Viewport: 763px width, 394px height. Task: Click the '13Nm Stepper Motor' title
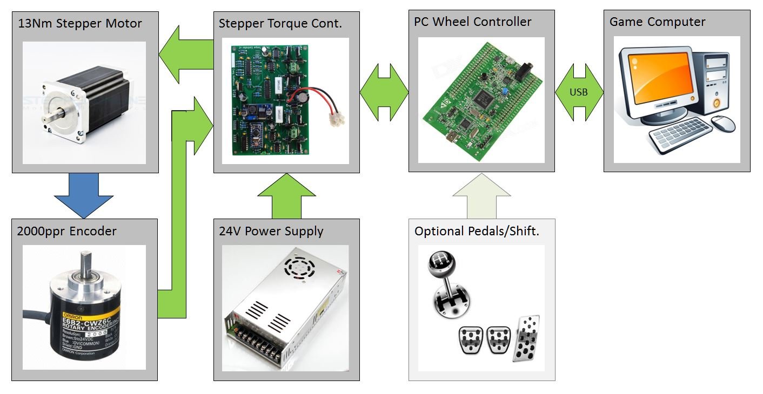tap(80, 24)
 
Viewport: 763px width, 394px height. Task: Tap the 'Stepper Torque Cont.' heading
tap(280, 24)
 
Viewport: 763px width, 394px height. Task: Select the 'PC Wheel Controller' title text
tap(473, 22)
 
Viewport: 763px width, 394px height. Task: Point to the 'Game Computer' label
tap(657, 22)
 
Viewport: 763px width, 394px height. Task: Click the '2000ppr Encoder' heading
tap(67, 232)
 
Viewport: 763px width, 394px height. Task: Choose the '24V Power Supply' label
tap(271, 232)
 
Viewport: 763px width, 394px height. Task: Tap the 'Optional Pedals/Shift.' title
tap(477, 232)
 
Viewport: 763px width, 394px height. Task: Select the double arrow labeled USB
tap(579, 92)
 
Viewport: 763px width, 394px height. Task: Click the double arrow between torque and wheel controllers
tap(384, 92)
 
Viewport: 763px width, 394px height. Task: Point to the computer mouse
tap(723, 123)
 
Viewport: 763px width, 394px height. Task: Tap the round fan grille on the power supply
tap(298, 265)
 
